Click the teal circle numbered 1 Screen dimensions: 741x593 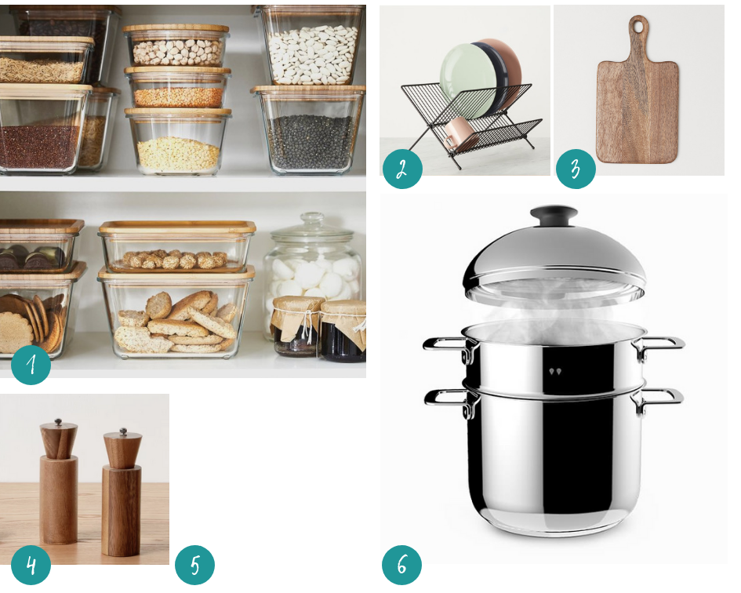[x=31, y=365]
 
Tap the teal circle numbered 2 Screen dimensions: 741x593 [x=402, y=169]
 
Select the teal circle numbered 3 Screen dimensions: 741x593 [x=575, y=169]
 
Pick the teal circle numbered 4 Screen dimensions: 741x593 [x=31, y=565]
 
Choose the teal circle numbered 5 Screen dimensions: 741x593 [x=194, y=565]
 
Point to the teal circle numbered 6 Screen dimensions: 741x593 [x=401, y=565]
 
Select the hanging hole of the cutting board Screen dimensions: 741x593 [x=638, y=27]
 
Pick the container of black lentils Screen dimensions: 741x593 [x=310, y=130]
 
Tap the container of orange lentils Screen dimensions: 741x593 [x=177, y=88]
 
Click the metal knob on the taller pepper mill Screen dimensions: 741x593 [x=58, y=422]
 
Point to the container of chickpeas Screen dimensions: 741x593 [x=176, y=47]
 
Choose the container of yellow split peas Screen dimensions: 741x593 [x=178, y=141]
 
